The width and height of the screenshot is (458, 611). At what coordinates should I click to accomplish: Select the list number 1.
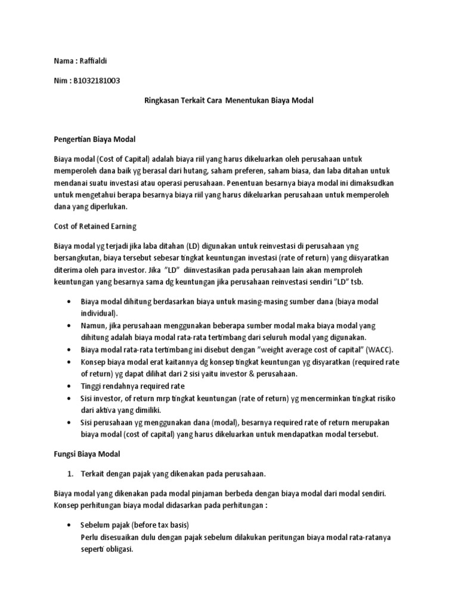[x=69, y=474]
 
